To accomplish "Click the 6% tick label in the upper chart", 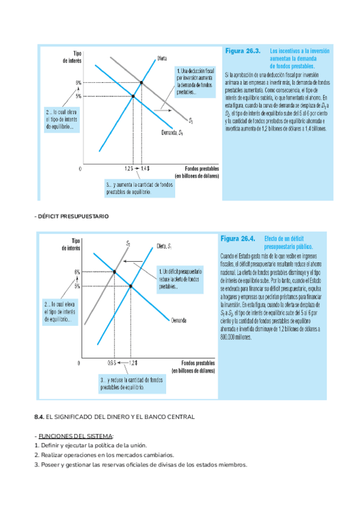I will [x=79, y=82].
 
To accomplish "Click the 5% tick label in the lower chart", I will [x=77, y=286].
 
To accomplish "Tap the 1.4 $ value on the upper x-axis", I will [x=145, y=169].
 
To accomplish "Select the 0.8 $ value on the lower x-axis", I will [x=112, y=363].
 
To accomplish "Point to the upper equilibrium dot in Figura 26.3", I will [x=142, y=82].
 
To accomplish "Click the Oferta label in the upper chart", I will [x=162, y=58].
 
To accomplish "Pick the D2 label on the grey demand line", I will [x=191, y=121].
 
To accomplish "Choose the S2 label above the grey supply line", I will [x=128, y=243].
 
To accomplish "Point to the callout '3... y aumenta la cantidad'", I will [x=133, y=188].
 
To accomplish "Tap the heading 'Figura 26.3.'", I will [x=242, y=52].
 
